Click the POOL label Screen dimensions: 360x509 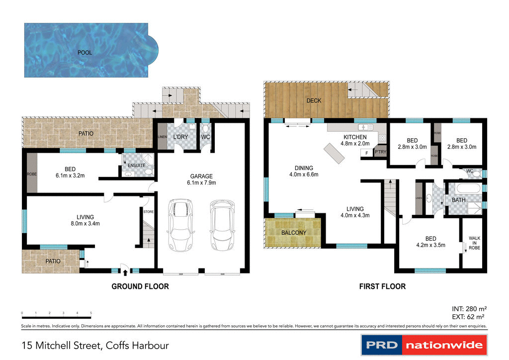85,52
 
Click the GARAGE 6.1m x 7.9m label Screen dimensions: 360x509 201,180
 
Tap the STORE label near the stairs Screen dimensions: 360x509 148,212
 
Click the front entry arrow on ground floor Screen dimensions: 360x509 125,272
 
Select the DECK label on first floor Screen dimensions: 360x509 314,100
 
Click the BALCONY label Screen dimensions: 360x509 294,233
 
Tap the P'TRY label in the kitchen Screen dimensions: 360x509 380,152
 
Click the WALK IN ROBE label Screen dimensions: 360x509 474,243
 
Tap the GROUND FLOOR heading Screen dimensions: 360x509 140,286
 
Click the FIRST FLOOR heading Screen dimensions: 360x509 382,286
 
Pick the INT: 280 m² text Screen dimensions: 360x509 468,308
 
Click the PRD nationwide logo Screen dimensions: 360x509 424,345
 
